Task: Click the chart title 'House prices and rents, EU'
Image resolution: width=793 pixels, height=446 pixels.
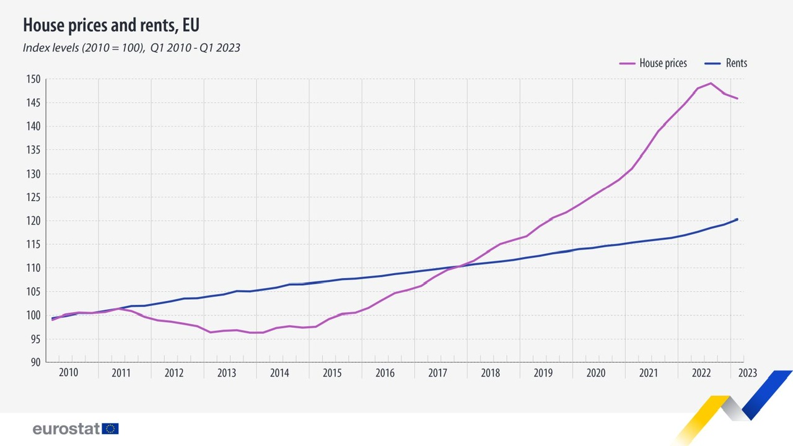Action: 111,25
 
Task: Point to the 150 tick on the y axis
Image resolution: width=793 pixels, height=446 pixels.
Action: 33,79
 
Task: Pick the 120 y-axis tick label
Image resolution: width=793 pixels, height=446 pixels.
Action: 33,221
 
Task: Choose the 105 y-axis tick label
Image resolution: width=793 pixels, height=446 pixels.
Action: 33,292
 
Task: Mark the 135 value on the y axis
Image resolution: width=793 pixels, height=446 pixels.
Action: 33,150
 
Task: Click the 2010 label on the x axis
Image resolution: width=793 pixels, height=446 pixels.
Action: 68,373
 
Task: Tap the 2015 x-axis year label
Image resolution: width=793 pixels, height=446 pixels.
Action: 332,373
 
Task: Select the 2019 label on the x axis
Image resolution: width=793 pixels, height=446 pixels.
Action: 543,373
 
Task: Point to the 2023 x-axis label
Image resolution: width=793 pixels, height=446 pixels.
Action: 747,373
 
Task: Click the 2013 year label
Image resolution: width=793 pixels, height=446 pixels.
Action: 227,373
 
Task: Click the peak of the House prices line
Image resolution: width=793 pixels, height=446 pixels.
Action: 711,83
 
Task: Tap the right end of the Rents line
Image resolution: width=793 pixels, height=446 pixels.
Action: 737,219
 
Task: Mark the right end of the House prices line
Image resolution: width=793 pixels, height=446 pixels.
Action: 737,98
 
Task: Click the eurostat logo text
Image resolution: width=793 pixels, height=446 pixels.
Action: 66,429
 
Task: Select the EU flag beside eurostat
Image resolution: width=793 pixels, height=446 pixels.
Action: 111,429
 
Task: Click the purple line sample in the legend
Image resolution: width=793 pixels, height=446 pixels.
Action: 628,63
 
